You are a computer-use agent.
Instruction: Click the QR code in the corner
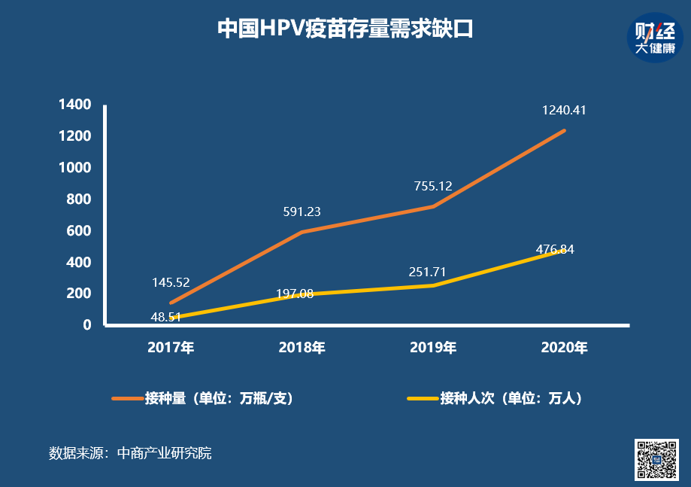coord(657,459)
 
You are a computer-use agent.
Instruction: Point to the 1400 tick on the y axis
coord(75,105)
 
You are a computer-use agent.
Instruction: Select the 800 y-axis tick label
coord(78,199)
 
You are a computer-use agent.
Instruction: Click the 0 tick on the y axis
coord(86,325)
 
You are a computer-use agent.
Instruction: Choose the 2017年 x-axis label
coord(171,348)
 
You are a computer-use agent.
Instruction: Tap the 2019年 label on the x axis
coord(433,348)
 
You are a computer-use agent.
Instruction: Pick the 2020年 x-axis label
coord(564,348)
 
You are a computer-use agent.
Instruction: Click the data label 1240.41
coord(564,111)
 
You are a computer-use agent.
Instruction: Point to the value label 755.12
coord(433,186)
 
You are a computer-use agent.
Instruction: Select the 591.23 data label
coord(302,212)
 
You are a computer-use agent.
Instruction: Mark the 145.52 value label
coord(171,282)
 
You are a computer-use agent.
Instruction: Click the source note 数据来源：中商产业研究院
coord(130,453)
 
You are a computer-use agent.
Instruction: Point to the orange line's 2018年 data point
coord(302,232)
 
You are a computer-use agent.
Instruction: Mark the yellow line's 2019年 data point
coord(433,285)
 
